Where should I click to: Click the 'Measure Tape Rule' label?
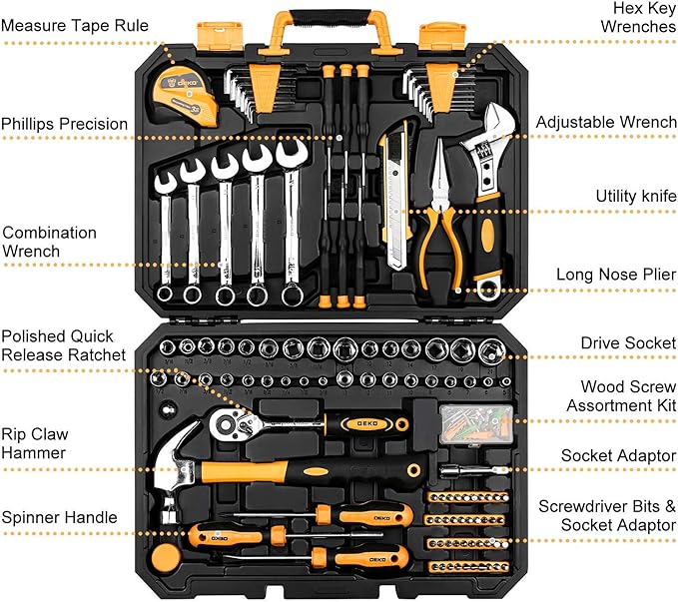coord(74,24)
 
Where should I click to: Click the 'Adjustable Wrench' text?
coord(605,122)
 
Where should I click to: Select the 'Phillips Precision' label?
coord(65,125)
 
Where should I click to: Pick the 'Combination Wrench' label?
coord(50,242)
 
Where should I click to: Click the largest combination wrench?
coord(292,220)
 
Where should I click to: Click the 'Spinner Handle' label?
coord(59,517)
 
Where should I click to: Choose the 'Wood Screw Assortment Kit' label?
coord(621,395)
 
